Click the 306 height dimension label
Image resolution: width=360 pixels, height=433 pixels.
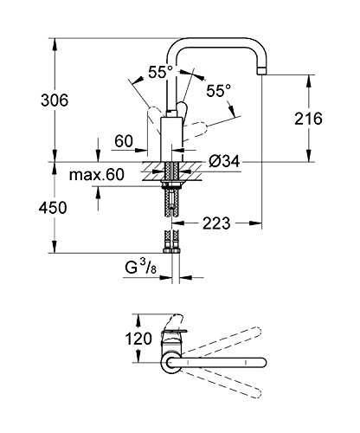point(55,100)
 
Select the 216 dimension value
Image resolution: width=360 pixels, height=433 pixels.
point(308,119)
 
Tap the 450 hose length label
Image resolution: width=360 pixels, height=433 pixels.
point(53,208)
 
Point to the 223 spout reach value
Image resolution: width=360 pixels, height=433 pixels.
point(216,223)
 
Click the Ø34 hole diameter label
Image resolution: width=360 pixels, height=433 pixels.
point(224,161)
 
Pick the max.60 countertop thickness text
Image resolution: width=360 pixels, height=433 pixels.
point(97,175)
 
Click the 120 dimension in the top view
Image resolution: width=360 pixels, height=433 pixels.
point(138,339)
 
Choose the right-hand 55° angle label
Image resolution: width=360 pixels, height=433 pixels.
point(219,91)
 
